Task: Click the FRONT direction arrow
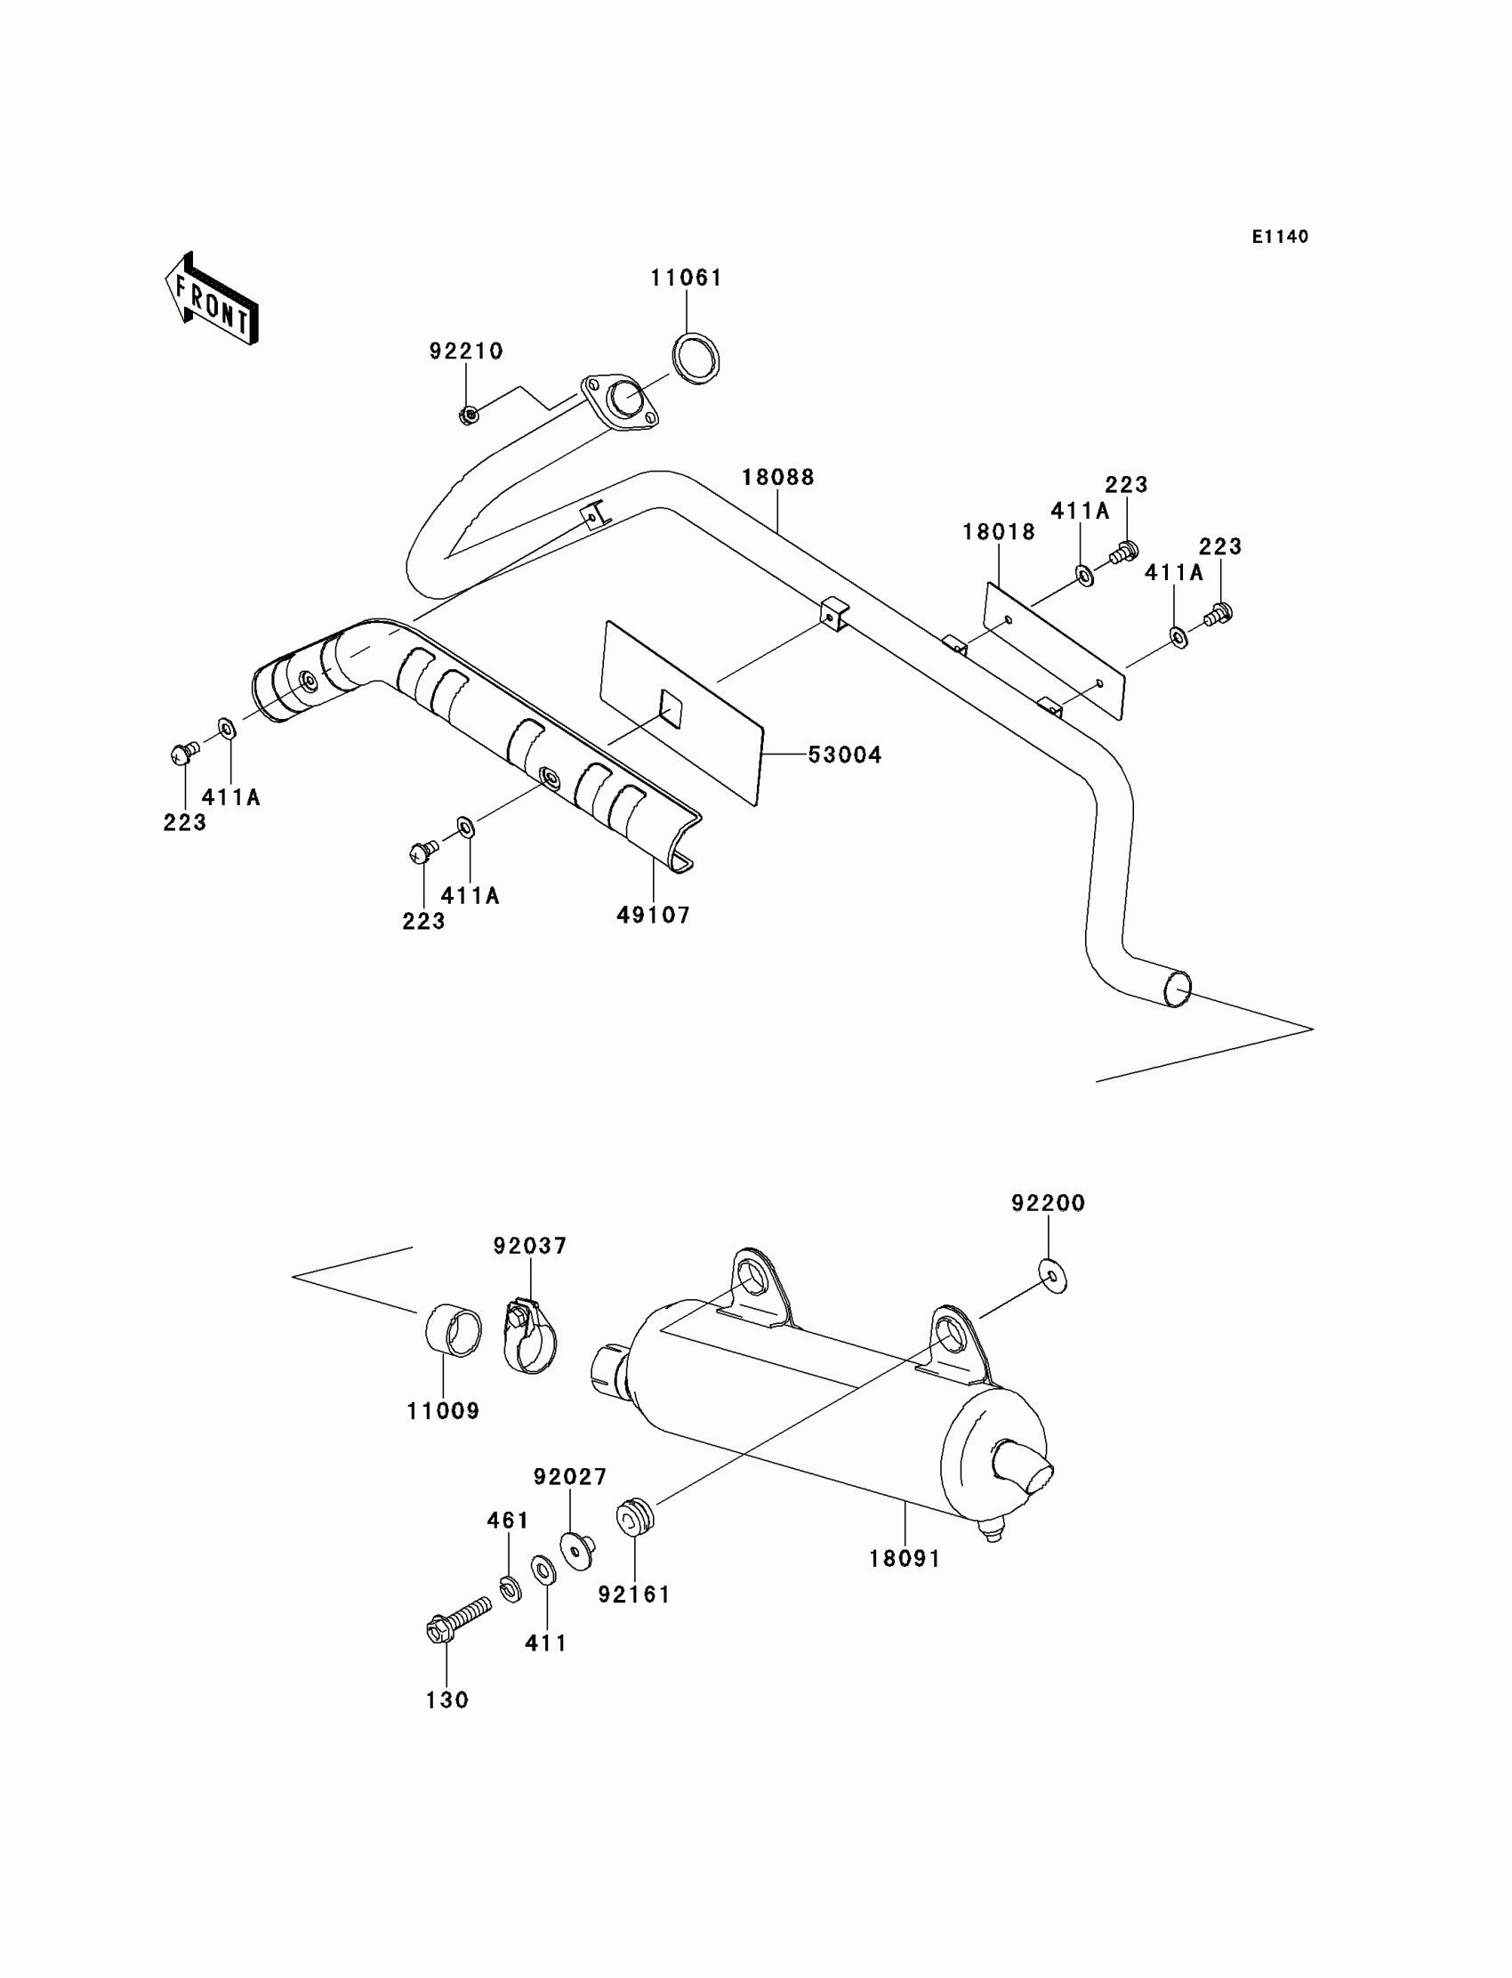pos(212,299)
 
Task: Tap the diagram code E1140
pos(1280,237)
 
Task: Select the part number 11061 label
pos(687,279)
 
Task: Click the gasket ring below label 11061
pos(696,359)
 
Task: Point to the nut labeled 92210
pos(468,415)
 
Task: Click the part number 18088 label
pos(777,477)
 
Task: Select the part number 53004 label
pos(844,755)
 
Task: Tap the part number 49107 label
pos(654,916)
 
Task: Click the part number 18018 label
pos(999,532)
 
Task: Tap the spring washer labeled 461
pos(511,1589)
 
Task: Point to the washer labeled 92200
pos(1052,1277)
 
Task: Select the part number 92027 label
pos(570,1477)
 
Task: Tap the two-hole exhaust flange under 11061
pos(619,400)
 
